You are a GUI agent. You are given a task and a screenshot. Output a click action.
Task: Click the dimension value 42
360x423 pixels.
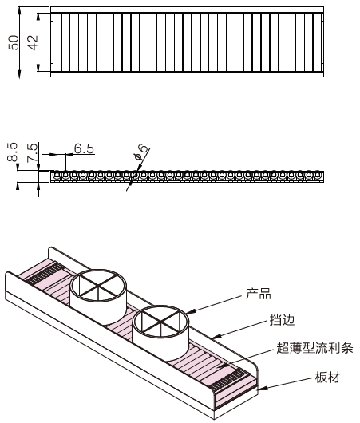33,43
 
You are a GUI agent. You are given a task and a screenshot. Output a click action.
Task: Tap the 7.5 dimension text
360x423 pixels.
31,152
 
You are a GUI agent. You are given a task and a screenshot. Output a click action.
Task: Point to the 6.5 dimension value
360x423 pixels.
84,148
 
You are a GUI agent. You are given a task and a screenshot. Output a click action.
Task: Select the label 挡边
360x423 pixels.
282,320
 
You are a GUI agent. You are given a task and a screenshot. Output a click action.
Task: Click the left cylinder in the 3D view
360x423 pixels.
98,295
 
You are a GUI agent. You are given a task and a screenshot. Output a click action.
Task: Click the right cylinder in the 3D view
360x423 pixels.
161,331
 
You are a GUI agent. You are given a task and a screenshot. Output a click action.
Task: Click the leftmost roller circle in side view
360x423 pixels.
54,173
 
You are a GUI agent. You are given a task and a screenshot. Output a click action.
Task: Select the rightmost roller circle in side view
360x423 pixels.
321,173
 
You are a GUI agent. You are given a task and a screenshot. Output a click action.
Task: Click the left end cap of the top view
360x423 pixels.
56,43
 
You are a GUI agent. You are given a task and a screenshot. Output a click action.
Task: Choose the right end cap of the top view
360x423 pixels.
319,43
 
